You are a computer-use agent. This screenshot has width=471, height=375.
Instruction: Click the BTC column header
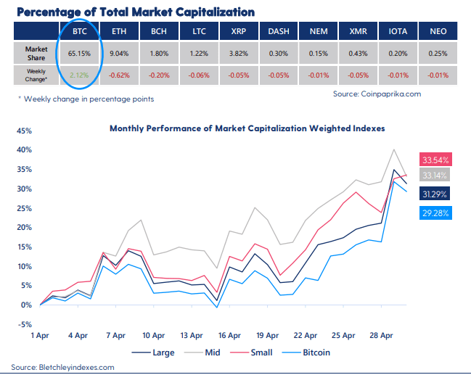coord(80,32)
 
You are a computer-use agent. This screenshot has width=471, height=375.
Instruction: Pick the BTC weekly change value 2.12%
coord(80,73)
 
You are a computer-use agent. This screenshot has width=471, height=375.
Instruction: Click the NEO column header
coord(438,32)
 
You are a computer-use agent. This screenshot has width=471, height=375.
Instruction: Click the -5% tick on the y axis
coord(25,324)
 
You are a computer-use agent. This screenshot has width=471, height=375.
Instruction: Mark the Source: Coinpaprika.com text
coord(377,94)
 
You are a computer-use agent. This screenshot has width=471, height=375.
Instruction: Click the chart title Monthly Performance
coord(247,128)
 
